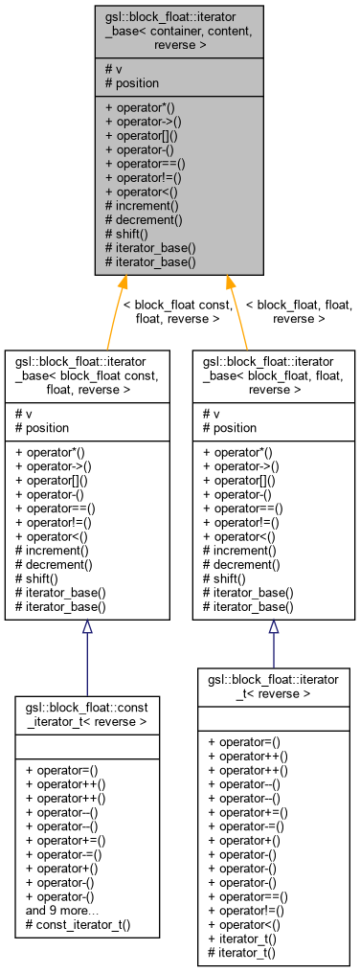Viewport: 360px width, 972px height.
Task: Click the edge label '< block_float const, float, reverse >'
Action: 178,311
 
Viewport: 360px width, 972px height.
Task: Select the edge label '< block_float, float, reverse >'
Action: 299,311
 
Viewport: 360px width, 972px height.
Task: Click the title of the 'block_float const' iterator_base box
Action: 87,376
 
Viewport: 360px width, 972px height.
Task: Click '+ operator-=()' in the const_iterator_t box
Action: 65,854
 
